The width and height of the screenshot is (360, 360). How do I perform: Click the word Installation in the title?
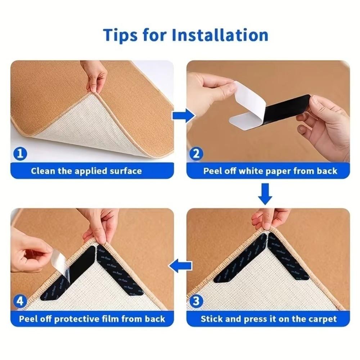click(x=220, y=35)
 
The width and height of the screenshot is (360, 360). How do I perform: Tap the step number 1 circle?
click(x=20, y=154)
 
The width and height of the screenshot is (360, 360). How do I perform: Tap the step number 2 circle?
click(x=196, y=154)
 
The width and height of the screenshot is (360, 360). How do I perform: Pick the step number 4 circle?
click(x=20, y=301)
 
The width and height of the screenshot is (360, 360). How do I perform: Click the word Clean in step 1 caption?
click(x=43, y=171)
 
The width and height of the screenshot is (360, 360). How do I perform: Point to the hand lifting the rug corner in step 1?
click(x=94, y=76)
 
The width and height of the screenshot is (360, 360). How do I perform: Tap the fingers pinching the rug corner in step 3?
click(x=268, y=218)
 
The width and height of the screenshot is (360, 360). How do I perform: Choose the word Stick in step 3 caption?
click(x=212, y=319)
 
